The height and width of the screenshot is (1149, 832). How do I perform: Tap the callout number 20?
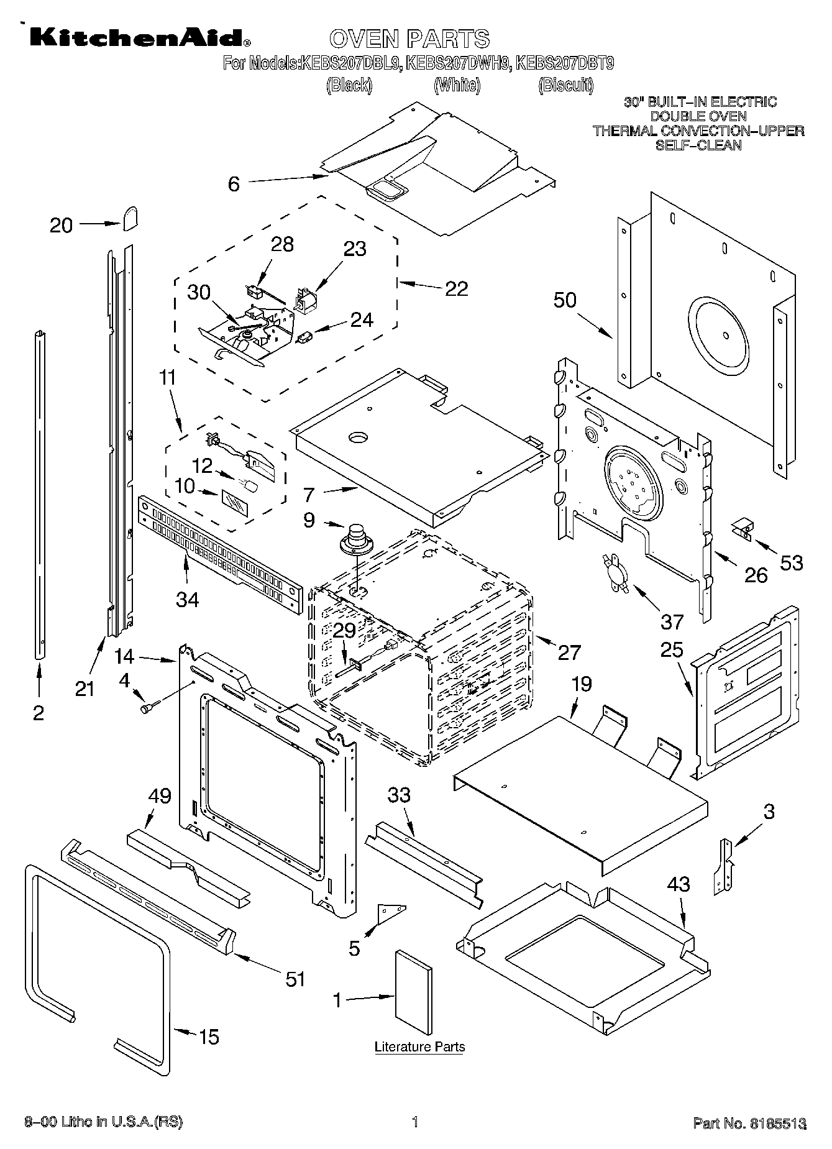[x=61, y=226]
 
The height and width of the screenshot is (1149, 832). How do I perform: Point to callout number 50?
[x=565, y=301]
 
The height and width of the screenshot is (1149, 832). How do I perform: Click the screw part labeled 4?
[x=149, y=707]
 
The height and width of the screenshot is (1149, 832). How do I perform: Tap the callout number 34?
[x=187, y=600]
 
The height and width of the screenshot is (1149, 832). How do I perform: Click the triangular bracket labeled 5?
[x=391, y=913]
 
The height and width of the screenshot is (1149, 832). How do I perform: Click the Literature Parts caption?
[x=419, y=1047]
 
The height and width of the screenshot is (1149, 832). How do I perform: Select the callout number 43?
[x=678, y=884]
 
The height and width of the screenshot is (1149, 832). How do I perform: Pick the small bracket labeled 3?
[x=725, y=866]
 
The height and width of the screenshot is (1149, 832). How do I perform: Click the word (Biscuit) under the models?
[x=565, y=85]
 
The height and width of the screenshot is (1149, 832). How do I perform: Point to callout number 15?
[x=209, y=1037]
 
